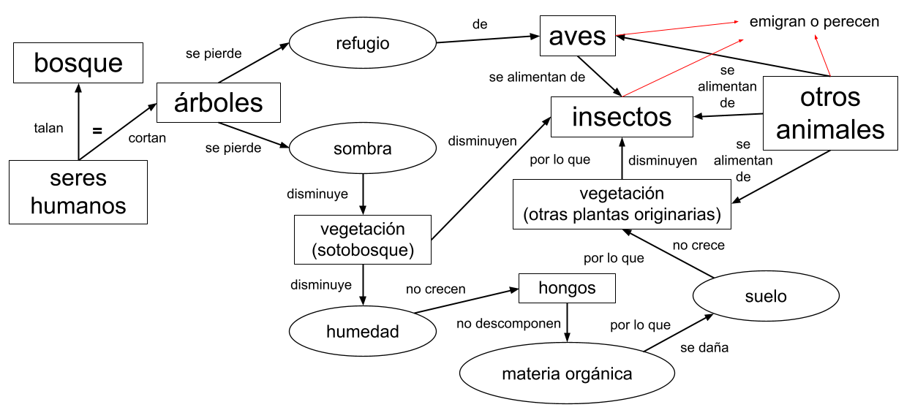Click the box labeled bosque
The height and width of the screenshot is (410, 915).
point(78,63)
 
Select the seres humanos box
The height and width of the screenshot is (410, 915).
point(78,191)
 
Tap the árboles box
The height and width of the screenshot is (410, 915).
point(219,102)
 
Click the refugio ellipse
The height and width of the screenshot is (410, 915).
point(363,43)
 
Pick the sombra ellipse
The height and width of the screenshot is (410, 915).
point(363,149)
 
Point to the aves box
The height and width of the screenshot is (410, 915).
point(578,37)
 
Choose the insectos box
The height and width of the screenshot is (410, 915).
point(622,117)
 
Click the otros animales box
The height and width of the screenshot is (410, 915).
point(830,113)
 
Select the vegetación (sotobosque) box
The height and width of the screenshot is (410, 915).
point(363,240)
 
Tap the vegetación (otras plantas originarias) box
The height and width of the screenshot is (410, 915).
point(622,205)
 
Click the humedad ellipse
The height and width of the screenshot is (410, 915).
point(363,332)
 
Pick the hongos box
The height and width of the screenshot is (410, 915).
point(567,288)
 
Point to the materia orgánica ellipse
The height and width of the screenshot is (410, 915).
point(567,374)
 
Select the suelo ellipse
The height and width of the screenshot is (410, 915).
point(767,296)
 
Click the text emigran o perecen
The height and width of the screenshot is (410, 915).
point(814,22)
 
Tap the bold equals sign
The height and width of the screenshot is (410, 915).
point(97,132)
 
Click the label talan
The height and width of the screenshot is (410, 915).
point(49,128)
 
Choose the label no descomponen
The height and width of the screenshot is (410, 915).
point(509,323)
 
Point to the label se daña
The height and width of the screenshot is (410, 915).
point(704,348)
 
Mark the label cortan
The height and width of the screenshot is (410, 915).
point(147,137)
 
